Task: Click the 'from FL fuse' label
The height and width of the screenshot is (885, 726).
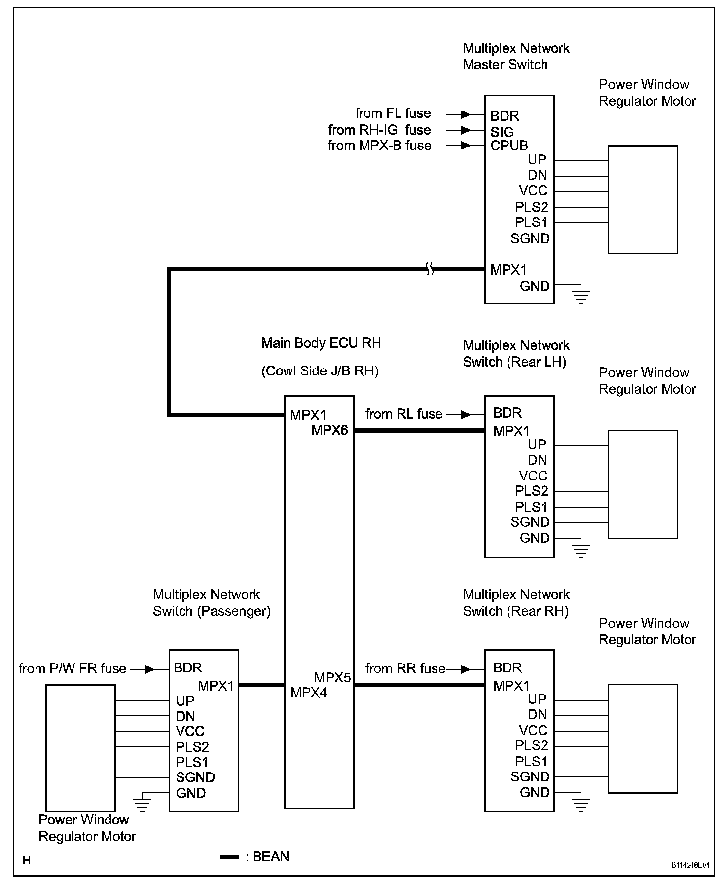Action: [x=393, y=113]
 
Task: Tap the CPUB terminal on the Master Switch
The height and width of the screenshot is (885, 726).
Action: [x=509, y=146]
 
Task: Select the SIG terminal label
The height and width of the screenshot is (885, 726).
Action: [x=502, y=132]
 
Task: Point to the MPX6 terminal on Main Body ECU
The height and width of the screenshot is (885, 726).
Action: [x=329, y=430]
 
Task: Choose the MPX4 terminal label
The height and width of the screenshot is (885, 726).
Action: [x=309, y=693]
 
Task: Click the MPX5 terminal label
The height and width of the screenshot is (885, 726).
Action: [x=332, y=677]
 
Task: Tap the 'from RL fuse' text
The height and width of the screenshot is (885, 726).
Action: [x=404, y=414]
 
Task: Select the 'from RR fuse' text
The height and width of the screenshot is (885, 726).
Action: [x=405, y=669]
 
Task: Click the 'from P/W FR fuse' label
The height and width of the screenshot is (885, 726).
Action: [x=73, y=669]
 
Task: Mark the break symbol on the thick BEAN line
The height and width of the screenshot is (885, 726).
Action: [x=430, y=269]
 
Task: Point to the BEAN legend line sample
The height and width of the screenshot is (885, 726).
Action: [x=229, y=857]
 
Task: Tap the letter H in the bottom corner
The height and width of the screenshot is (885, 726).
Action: [x=27, y=861]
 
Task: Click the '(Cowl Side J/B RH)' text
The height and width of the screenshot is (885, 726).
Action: [x=320, y=371]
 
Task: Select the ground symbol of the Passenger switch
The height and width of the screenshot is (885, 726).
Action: [x=142, y=805]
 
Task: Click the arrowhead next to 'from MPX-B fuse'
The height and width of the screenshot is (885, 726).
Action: [x=465, y=146]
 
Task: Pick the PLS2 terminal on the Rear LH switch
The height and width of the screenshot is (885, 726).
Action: [x=531, y=491]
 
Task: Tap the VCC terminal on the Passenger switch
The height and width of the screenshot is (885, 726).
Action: [x=190, y=731]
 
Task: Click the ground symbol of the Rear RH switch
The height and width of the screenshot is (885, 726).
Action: [x=581, y=805]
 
